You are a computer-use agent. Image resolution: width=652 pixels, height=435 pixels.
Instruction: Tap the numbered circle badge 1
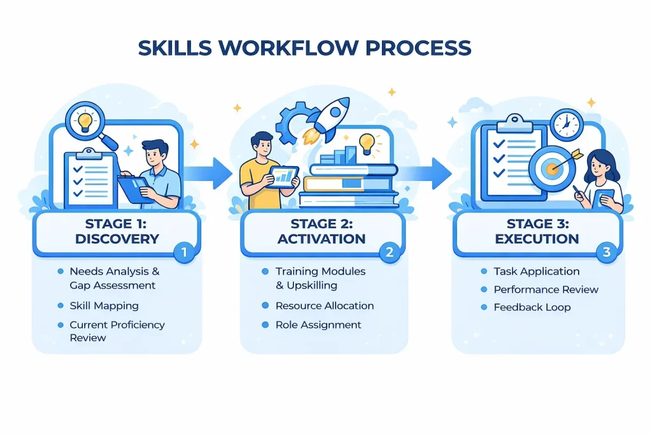point(184,253)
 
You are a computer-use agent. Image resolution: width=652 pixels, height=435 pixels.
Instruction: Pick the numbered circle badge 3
point(606,253)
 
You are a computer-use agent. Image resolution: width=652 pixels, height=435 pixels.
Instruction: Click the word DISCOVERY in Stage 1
point(117,239)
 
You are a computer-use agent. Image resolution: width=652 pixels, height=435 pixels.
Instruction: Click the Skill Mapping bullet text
point(104,306)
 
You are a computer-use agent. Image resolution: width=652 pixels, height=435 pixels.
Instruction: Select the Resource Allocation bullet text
point(325,306)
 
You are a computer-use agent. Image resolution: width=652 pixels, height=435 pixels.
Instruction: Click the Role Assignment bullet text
point(318,325)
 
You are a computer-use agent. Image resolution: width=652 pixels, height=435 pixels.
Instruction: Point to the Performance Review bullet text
point(546,289)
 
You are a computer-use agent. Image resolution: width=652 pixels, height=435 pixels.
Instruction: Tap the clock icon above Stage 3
point(566,124)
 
